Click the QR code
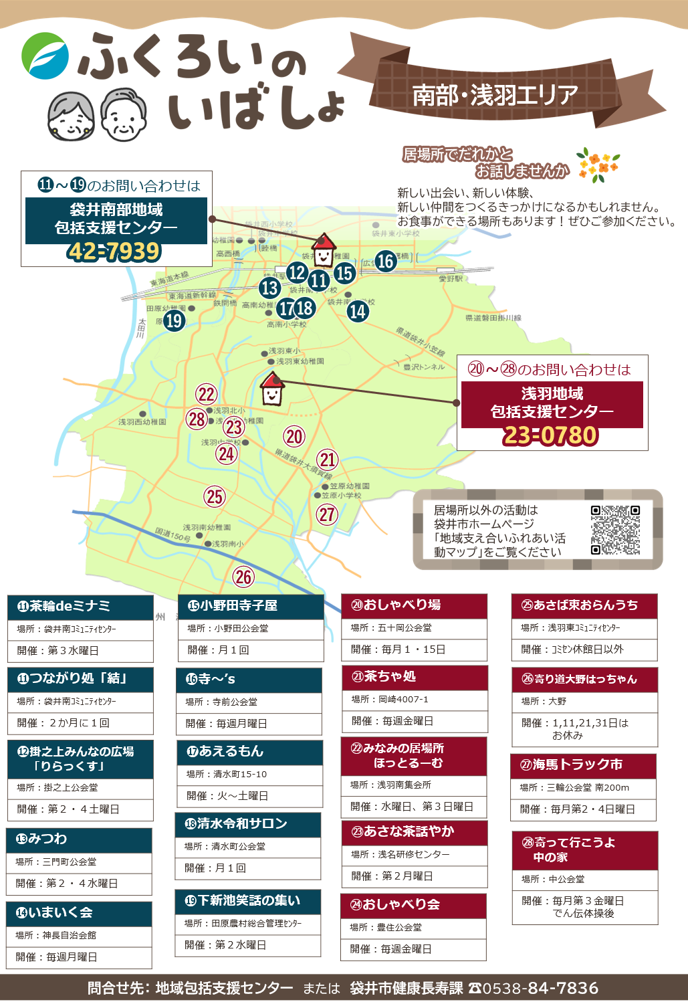[615, 530]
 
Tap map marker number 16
[385, 261]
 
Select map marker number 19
[175, 321]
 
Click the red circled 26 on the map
[243, 577]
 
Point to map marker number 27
[327, 514]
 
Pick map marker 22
[207, 395]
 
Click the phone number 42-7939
[114, 252]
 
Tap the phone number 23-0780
[551, 435]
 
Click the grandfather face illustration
[123, 114]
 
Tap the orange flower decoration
[598, 165]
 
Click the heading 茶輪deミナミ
[64, 606]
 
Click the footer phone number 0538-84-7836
[540, 988]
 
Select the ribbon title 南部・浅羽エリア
[495, 95]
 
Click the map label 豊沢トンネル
[424, 367]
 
